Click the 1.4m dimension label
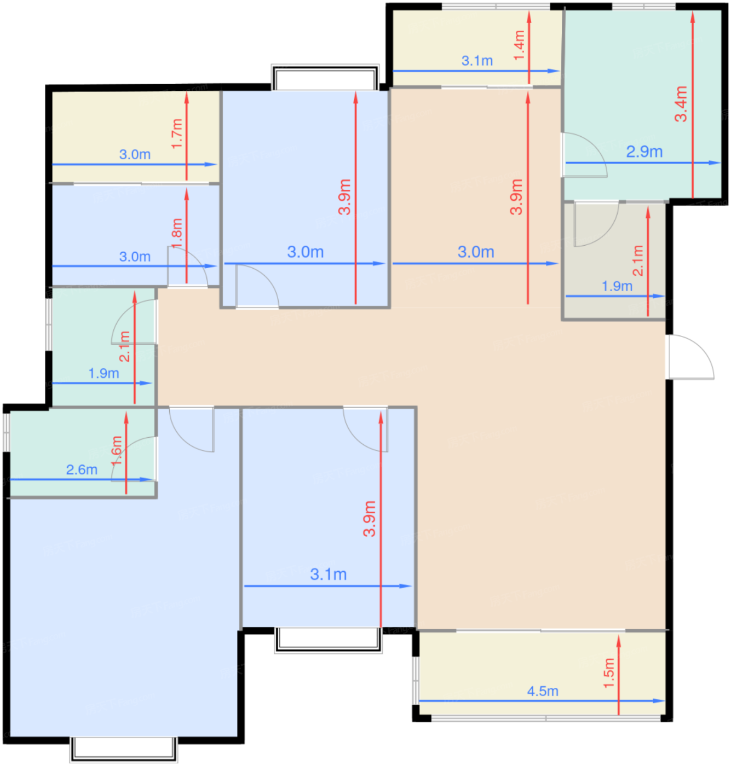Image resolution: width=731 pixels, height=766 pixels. point(519,45)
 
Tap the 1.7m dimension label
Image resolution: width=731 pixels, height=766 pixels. point(177,134)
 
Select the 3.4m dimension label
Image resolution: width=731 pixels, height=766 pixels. point(681,103)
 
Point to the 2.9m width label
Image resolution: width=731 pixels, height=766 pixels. point(644,152)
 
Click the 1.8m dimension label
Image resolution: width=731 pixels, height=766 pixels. point(177,233)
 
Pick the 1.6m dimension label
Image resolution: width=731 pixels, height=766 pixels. point(116,450)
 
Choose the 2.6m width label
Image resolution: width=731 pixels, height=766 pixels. point(82,469)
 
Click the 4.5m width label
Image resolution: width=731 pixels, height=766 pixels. point(543,691)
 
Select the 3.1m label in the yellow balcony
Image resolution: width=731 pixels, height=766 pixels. point(477,61)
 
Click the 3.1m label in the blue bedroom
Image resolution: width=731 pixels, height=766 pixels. point(328,574)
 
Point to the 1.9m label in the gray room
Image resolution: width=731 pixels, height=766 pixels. point(617,286)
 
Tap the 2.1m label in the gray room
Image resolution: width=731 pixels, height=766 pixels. point(638,260)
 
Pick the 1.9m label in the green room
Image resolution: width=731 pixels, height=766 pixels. point(103,373)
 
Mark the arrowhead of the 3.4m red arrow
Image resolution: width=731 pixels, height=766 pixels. point(692,17)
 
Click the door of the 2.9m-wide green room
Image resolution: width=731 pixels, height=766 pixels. point(584,155)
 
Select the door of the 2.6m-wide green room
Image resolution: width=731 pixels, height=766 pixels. point(134,459)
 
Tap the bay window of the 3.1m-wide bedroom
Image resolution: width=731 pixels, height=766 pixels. point(328,640)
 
